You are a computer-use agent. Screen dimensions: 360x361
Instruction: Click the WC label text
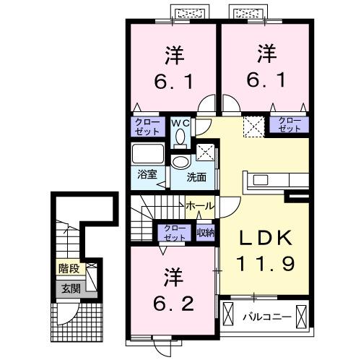pos(179,123)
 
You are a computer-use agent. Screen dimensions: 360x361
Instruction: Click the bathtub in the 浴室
pos(148,155)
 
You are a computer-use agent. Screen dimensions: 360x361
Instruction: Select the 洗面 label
pos(196,176)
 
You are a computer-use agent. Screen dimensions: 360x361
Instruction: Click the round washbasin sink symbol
pos(180,162)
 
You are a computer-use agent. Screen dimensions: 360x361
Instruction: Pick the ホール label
pos(199,206)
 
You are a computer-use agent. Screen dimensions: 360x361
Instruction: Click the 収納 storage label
pos(206,232)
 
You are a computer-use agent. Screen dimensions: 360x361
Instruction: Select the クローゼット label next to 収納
pos(174,232)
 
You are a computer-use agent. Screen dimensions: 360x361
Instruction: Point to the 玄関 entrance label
pos(70,288)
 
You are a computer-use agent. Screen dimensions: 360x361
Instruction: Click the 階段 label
pos(70,268)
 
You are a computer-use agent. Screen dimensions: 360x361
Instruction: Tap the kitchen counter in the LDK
pos(266,179)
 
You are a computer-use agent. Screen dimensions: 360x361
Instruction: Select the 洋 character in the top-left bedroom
pos(173,54)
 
